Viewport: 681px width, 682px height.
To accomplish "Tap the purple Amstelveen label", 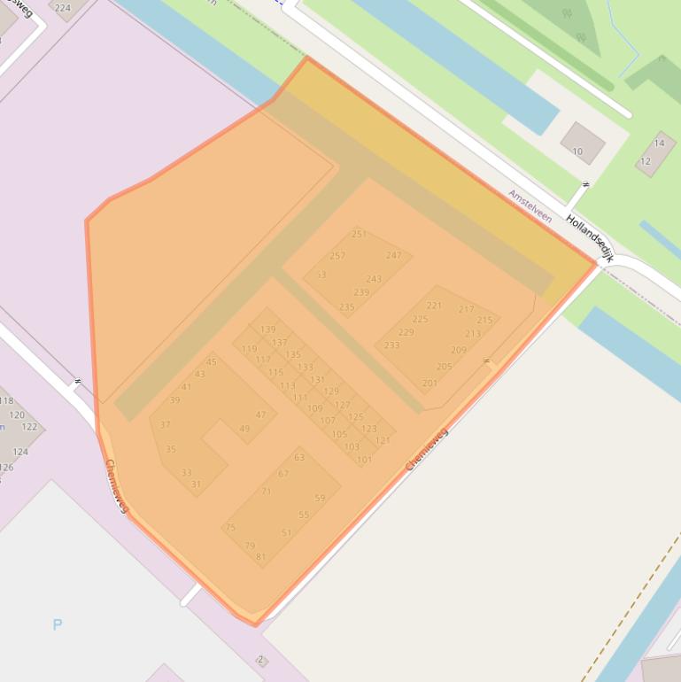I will tap(530, 205).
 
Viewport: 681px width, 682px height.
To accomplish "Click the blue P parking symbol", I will tap(58, 624).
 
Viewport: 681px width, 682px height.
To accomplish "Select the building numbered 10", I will tap(577, 151).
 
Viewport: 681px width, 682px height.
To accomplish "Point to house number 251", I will tap(359, 234).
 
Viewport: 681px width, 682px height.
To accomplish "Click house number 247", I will tap(394, 255).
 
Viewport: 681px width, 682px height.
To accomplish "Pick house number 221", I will tap(434, 306).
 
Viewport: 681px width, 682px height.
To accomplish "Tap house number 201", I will tap(429, 384).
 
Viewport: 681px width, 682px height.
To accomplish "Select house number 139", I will tap(267, 329).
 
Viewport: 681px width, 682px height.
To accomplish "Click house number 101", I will tap(364, 460).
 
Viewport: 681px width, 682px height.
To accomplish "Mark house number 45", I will tap(212, 361).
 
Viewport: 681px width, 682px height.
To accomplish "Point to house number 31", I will tap(196, 484).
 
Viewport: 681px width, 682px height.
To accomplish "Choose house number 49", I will tap(244, 429).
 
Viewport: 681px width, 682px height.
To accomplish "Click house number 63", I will tap(299, 458).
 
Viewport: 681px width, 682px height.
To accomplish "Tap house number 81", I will tap(260, 557).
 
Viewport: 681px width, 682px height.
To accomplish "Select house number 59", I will tap(320, 498).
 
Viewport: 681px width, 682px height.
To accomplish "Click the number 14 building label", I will tap(659, 143).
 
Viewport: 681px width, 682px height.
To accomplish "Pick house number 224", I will tap(63, 8).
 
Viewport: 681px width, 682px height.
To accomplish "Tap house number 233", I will tap(391, 345).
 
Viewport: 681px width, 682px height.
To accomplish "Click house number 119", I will tap(249, 349).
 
